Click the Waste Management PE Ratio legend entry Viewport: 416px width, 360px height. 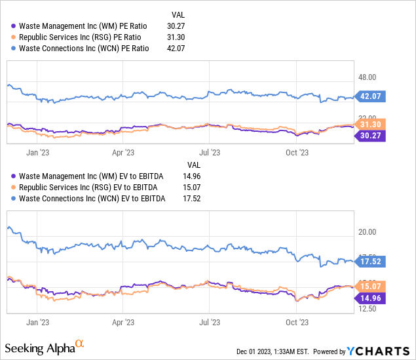point(83,26)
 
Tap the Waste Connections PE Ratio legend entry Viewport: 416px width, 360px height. point(84,48)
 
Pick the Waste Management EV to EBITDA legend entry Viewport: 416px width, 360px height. point(91,176)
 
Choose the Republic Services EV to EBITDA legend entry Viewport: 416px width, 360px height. point(91,187)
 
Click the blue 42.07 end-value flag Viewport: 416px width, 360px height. point(371,97)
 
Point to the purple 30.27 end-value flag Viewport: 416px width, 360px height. point(371,136)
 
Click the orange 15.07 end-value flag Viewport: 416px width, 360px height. point(371,286)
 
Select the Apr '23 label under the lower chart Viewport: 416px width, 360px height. point(123,322)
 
